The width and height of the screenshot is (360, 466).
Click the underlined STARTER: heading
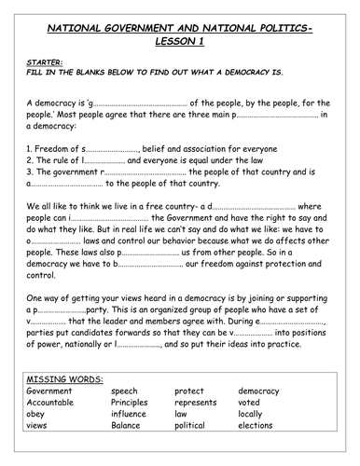(41, 64)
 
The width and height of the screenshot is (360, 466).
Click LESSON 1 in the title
(180, 43)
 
